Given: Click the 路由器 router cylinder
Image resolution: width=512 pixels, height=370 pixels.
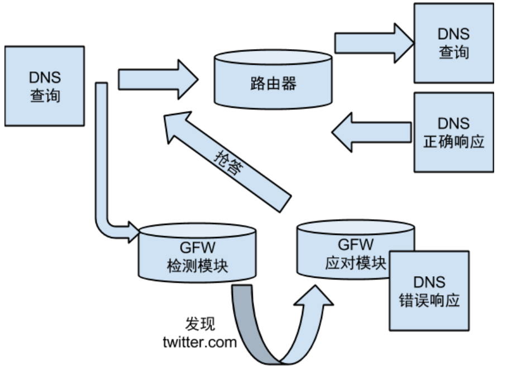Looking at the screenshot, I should point(274,84).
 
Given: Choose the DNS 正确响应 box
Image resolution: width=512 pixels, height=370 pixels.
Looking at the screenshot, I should point(453,132).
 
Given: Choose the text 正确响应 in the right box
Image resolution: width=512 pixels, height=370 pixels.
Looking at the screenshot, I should point(453,141).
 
